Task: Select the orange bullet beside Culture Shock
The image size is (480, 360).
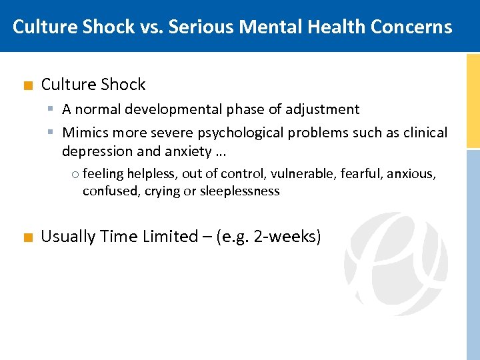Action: click(x=27, y=85)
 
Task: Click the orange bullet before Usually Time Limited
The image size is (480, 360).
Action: click(x=27, y=237)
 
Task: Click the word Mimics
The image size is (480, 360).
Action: click(x=84, y=133)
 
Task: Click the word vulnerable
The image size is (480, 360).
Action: click(x=301, y=174)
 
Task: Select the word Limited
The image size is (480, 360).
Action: click(x=170, y=237)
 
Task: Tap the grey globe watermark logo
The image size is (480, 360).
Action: click(x=396, y=263)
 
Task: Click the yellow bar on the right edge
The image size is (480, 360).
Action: click(x=473, y=100)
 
